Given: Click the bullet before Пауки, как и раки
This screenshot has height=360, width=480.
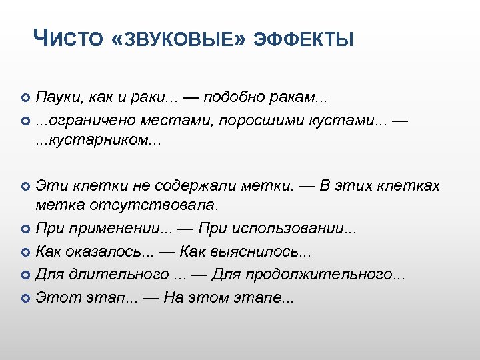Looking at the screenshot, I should point(26,99).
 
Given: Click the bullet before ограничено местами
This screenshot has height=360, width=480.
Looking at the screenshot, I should point(26,121).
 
